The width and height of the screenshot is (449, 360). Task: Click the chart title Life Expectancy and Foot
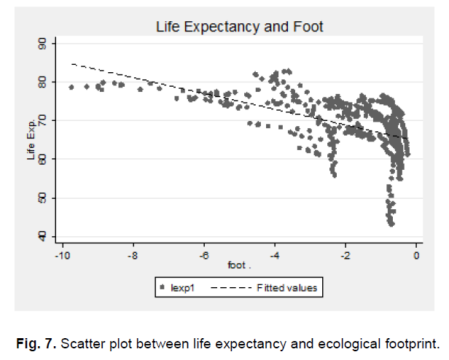tap(239, 27)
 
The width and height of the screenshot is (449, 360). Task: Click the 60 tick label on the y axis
tap(42, 159)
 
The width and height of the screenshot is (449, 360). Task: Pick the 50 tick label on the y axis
tap(42, 197)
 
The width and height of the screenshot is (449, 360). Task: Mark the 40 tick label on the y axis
tap(42, 235)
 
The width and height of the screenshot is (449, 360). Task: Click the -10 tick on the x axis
tap(63, 256)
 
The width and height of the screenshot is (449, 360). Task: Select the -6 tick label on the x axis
tap(204, 256)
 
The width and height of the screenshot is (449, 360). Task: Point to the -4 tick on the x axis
tap(275, 256)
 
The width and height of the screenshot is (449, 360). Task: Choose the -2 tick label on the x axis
tap(345, 256)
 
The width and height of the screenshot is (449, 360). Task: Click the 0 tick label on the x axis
tap(416, 256)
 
